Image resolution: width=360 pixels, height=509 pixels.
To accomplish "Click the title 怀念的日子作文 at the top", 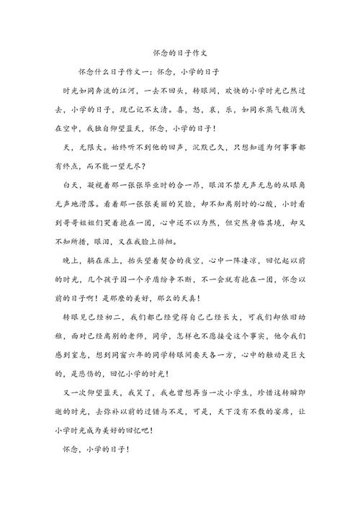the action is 179,53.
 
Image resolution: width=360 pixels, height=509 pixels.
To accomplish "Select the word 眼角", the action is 314,185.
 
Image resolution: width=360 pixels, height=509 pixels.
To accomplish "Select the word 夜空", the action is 197,259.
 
